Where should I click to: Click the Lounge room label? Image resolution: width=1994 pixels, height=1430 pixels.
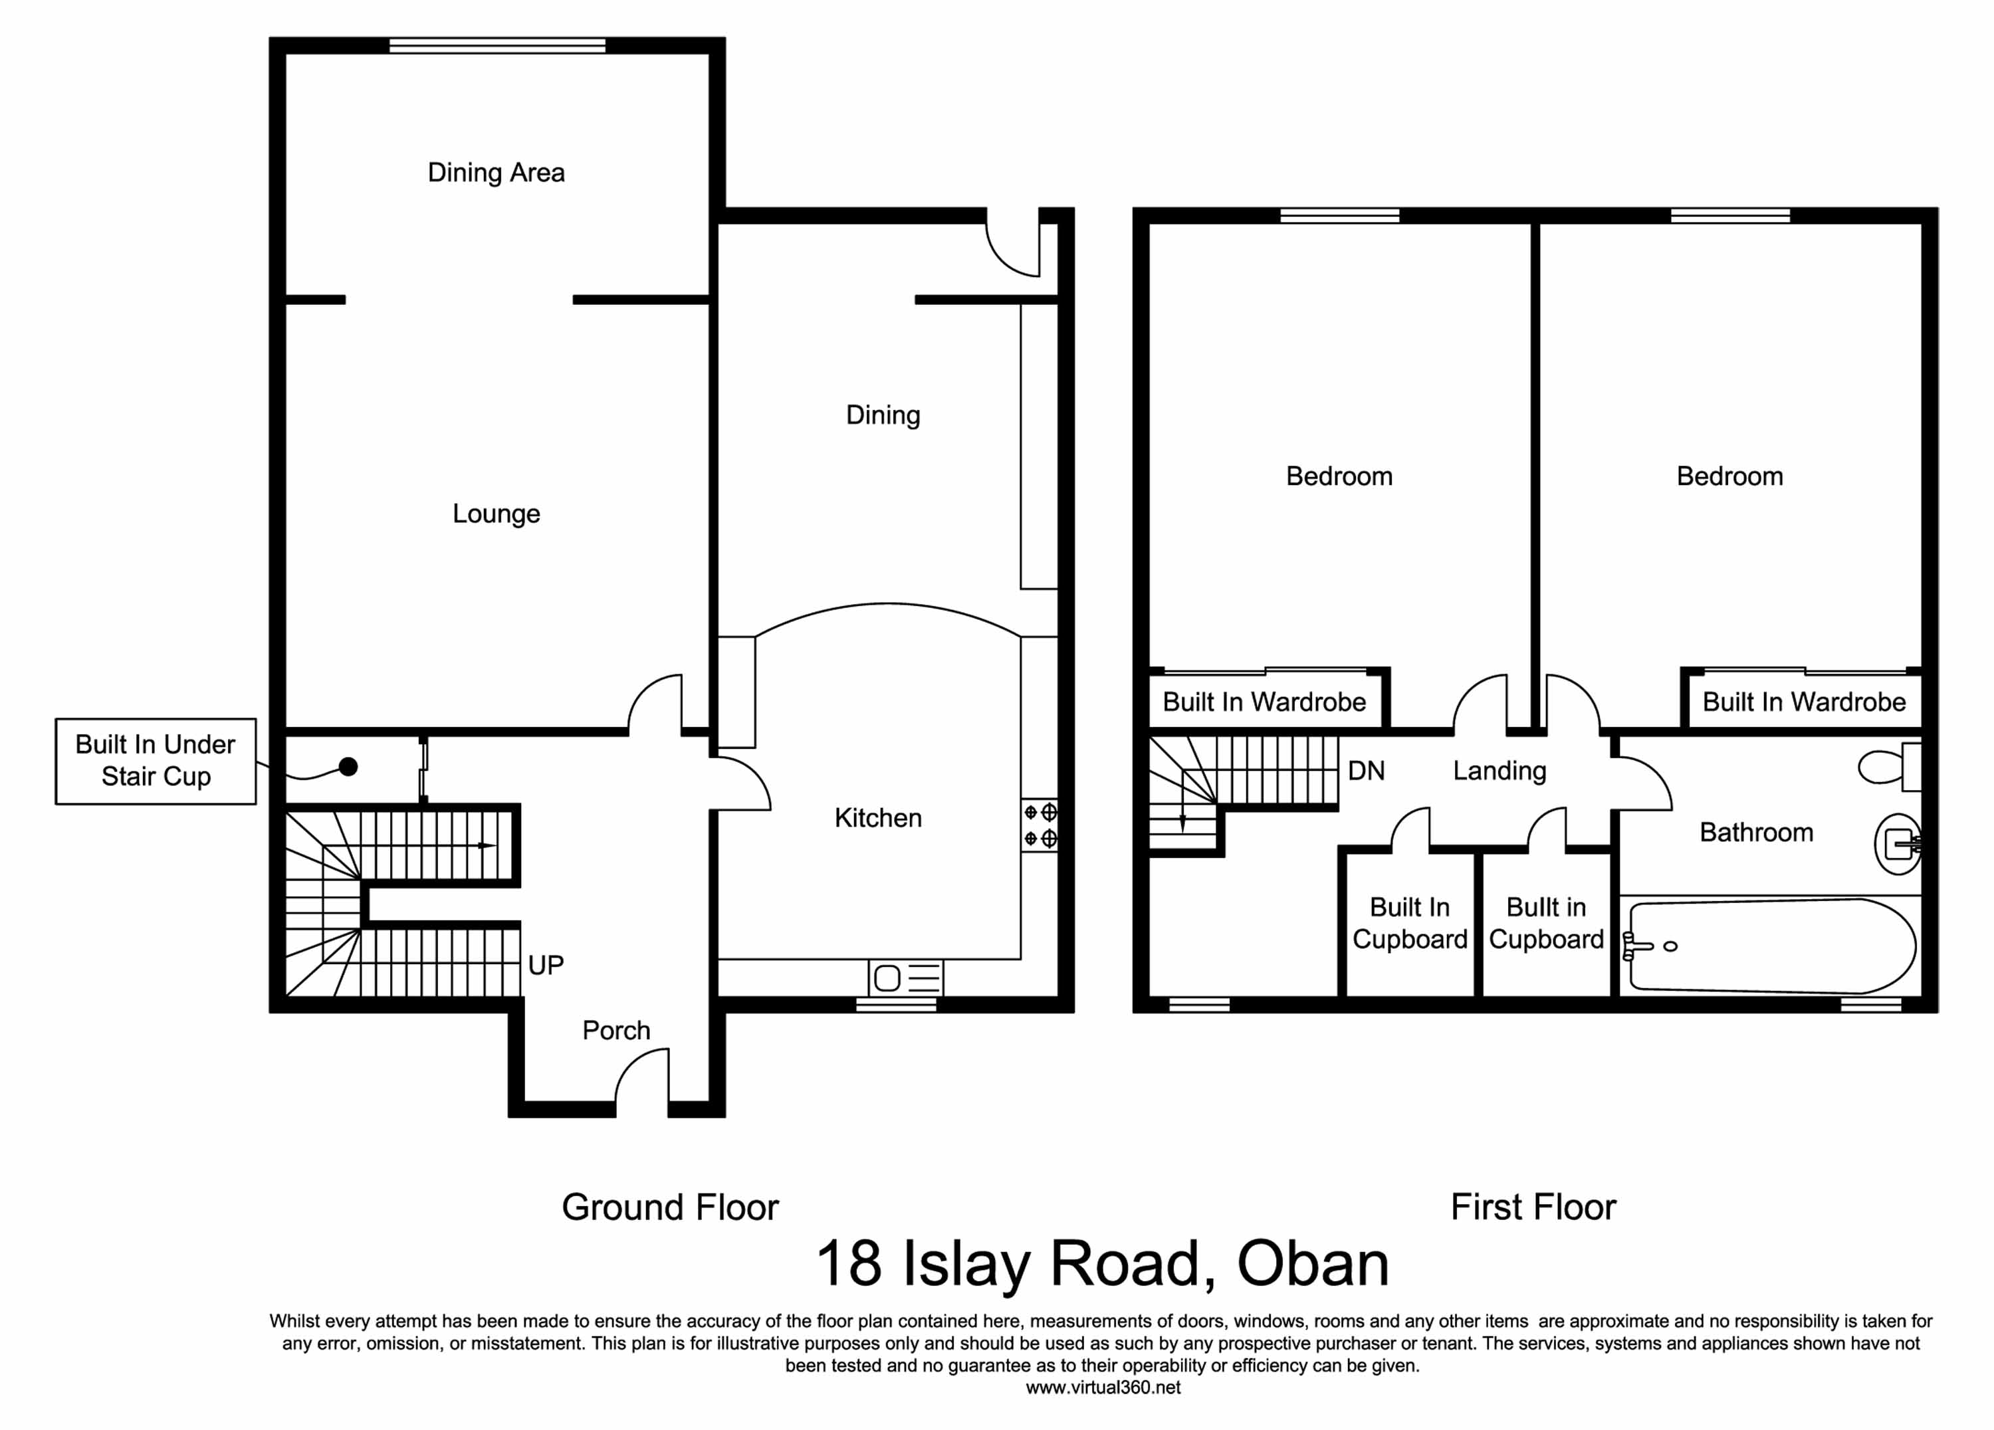pyautogui.click(x=496, y=514)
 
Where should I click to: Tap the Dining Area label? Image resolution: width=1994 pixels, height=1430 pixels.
pyautogui.click(x=496, y=172)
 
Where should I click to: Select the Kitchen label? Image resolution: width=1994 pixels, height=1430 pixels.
pyautogui.click(x=877, y=818)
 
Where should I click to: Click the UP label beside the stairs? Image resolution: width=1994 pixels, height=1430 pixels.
pyautogui.click(x=545, y=965)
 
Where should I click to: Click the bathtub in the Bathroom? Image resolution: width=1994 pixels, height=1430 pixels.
pyautogui.click(x=1768, y=946)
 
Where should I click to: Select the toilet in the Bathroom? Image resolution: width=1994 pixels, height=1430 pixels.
pyautogui.click(x=1890, y=766)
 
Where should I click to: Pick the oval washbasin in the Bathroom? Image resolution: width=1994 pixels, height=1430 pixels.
pyautogui.click(x=1898, y=845)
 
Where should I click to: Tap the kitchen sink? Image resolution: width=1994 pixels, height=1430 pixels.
pyautogui.click(x=905, y=977)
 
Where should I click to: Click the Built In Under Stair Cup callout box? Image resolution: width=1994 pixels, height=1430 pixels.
pyautogui.click(x=156, y=761)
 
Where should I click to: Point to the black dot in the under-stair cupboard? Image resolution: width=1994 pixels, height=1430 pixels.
pyautogui.click(x=348, y=767)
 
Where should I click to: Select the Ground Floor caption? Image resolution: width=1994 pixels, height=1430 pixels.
pyautogui.click(x=670, y=1207)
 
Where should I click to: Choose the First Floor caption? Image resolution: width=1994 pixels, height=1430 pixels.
pyautogui.click(x=1533, y=1207)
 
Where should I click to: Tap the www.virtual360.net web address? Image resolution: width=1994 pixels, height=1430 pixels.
pyautogui.click(x=1103, y=1388)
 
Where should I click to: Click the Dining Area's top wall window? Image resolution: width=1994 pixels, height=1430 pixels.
pyautogui.click(x=498, y=45)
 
